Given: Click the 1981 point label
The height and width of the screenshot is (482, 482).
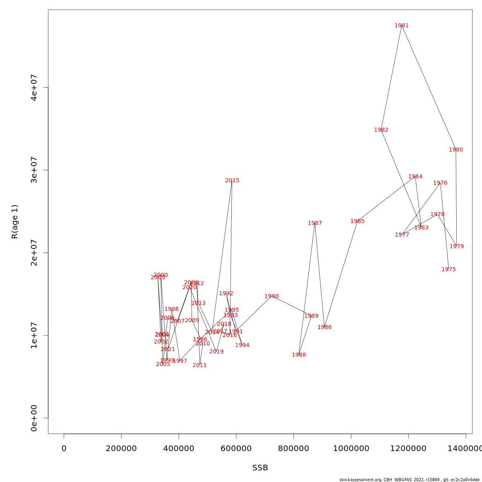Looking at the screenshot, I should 402,26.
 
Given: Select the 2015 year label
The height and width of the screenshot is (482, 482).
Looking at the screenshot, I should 232,181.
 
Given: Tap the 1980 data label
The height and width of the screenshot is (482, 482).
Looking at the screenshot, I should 456,150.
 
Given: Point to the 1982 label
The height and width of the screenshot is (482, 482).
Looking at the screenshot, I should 381,130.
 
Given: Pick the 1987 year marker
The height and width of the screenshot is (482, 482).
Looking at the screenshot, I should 315,223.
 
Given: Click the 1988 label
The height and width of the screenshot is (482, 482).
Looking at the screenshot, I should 299,355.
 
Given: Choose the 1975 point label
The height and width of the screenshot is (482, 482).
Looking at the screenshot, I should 449,270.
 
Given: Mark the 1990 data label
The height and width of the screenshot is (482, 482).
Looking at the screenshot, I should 272,296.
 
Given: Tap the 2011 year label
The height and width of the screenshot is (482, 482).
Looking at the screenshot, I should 200,366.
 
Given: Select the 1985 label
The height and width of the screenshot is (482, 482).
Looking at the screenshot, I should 357,221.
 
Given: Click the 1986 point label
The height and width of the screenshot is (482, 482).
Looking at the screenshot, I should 325,327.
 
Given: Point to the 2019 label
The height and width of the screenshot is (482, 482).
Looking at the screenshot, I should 216,352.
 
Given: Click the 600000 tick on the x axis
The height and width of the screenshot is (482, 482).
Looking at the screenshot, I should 236,449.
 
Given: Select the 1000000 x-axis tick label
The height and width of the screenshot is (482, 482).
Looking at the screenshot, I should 351,449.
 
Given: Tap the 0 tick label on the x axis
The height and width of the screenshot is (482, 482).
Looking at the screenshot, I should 64,449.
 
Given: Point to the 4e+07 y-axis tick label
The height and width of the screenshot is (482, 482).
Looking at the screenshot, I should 34,88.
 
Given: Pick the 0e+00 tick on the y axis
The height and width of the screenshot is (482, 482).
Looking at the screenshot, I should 34,418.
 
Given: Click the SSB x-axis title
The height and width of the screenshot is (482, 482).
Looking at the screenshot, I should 260,468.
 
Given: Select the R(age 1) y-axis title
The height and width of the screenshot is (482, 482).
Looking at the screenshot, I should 15,222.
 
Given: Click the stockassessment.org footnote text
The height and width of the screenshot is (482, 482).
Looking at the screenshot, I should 409,480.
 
